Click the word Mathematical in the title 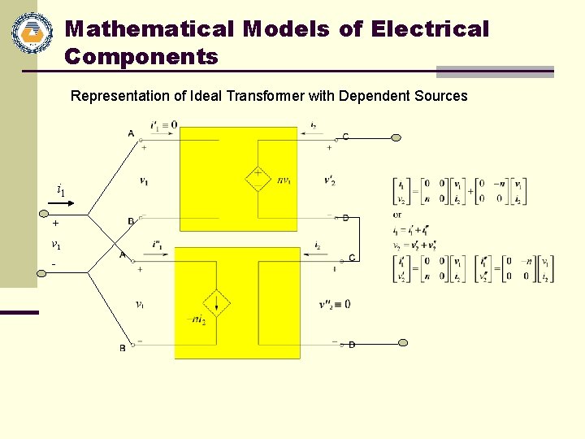[x=149, y=29]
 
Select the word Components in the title [x=141, y=57]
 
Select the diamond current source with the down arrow [x=217, y=303]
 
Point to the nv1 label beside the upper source [x=284, y=180]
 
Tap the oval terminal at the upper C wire [x=396, y=137]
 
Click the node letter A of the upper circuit [x=131, y=133]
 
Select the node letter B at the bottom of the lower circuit [x=123, y=348]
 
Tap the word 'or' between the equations [x=396, y=215]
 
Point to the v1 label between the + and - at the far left [x=55, y=244]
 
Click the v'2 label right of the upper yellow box [x=330, y=180]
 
